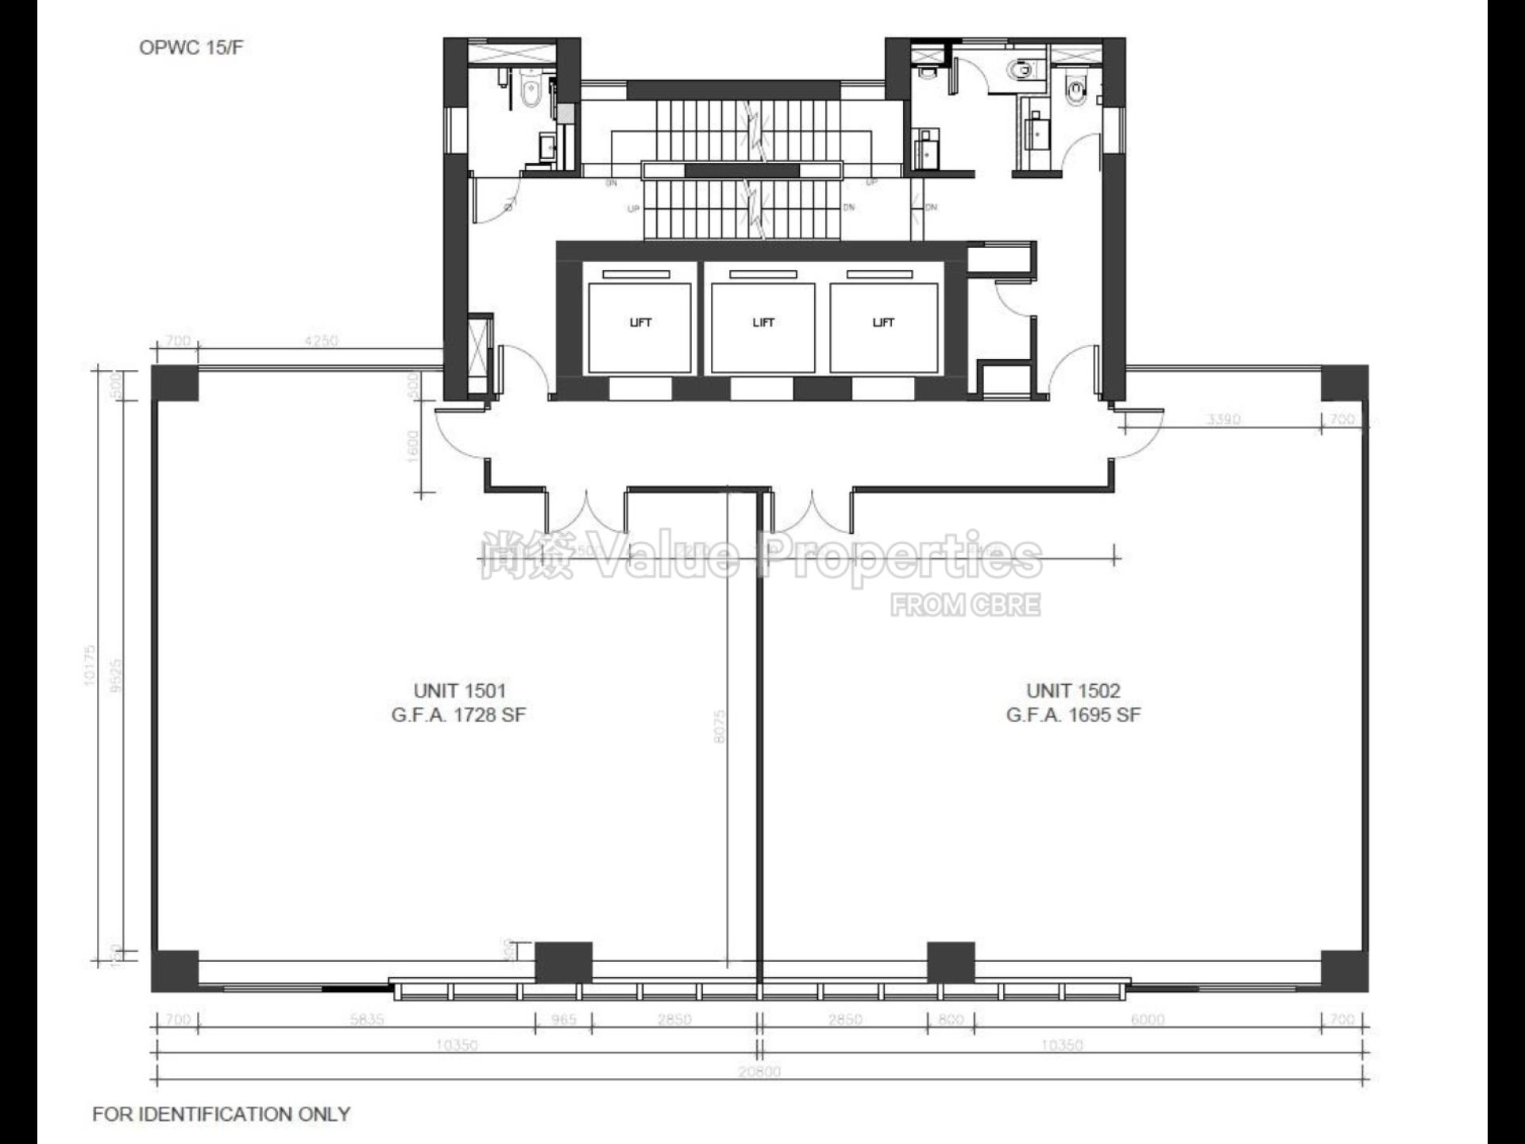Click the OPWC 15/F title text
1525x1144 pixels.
191,48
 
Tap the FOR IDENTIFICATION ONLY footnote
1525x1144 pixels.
221,1114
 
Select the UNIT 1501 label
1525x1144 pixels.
459,690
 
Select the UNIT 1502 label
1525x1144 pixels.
1072,690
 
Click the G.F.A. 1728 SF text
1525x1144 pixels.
458,715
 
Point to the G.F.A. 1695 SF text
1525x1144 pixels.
1072,715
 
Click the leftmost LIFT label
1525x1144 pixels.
640,323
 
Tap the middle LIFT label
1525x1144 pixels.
763,323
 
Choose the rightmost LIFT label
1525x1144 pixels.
883,323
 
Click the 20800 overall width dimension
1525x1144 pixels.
759,1071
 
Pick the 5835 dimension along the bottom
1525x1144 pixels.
367,1019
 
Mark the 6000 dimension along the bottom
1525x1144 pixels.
1147,1019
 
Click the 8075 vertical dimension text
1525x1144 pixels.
720,726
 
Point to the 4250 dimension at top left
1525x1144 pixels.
321,341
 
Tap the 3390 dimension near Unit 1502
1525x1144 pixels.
1223,419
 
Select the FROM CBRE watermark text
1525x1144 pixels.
965,605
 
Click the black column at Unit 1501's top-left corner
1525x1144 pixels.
175,384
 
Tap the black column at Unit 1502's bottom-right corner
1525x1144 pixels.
1344,969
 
